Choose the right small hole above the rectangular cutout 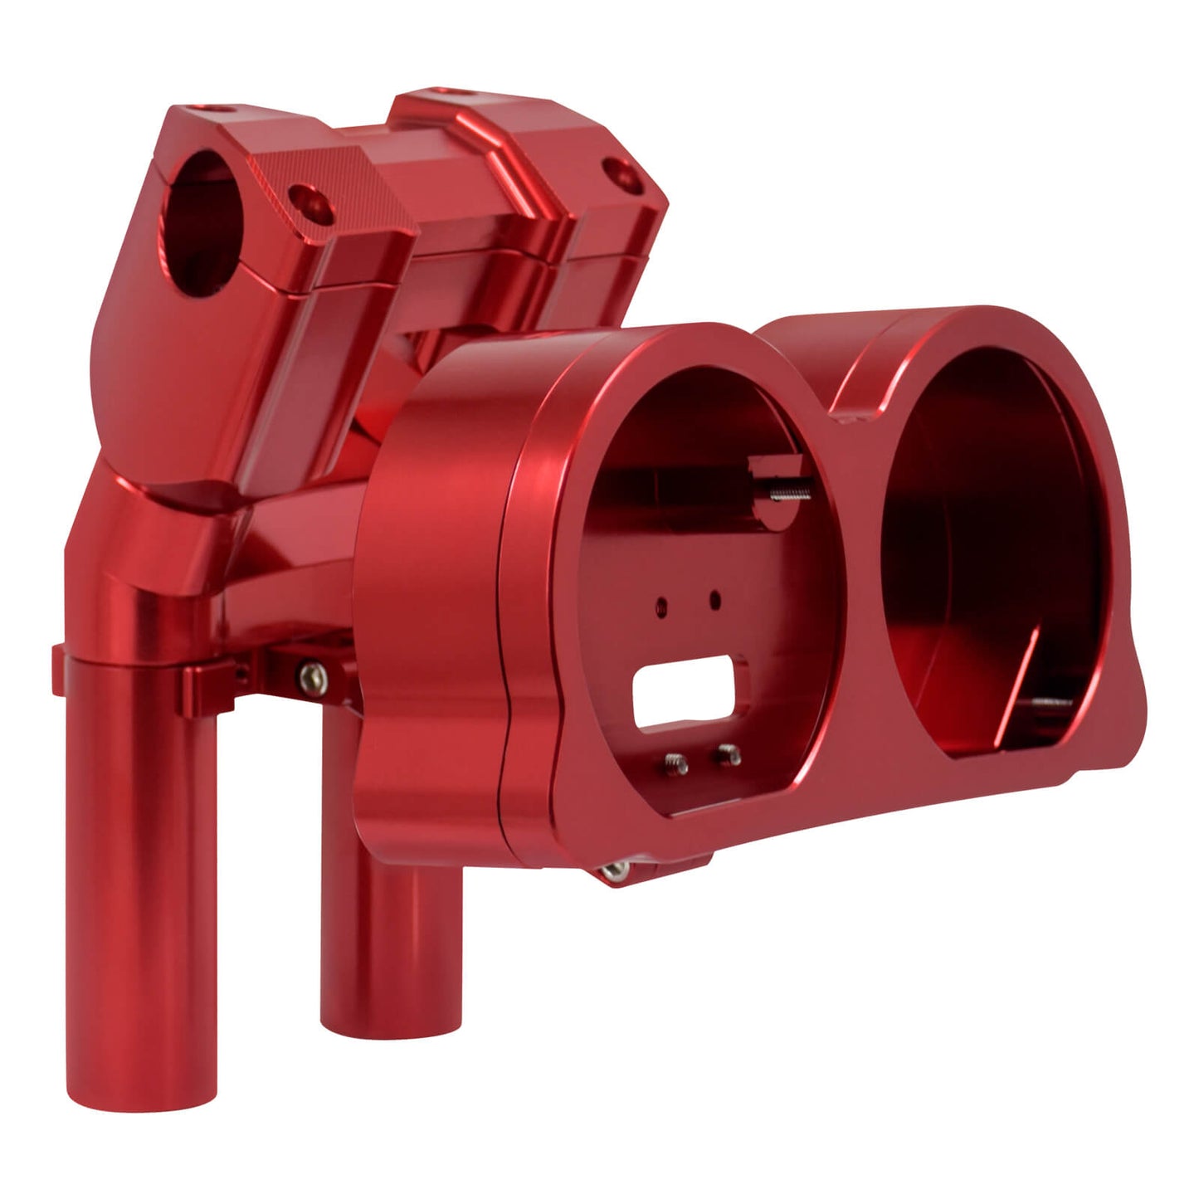pos(714,597)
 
